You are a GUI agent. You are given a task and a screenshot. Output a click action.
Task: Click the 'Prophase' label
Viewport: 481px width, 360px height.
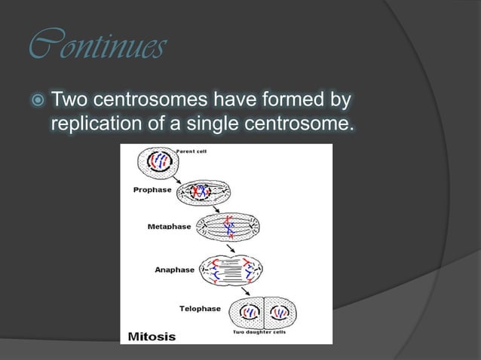[152, 191]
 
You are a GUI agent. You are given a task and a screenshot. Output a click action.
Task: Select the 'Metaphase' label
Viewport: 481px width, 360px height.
[169, 226]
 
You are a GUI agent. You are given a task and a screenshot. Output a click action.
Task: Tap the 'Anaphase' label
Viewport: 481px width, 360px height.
[174, 270]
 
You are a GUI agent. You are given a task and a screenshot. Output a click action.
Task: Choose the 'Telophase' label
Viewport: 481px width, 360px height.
[200, 308]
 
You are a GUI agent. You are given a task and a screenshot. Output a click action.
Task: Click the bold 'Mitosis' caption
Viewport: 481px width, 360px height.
[151, 336]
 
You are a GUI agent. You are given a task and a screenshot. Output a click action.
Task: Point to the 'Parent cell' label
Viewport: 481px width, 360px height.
[191, 151]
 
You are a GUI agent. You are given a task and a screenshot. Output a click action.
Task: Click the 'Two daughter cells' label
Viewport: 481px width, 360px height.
[258, 332]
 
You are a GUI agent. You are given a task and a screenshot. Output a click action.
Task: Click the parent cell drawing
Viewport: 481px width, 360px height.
[155, 161]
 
